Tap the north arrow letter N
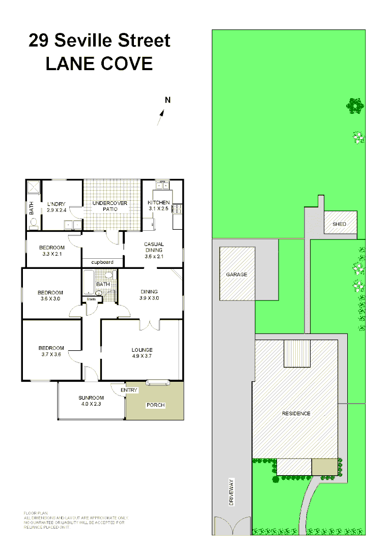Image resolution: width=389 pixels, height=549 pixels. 168,100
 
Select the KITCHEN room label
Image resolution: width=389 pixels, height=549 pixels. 159,202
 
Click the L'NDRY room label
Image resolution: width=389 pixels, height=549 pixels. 56,204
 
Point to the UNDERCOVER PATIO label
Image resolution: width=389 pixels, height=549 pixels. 109,206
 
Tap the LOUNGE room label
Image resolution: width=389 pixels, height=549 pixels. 142,350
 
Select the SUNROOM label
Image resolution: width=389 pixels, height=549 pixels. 91,398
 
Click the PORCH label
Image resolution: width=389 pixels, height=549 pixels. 155,405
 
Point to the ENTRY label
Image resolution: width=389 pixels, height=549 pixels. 129,390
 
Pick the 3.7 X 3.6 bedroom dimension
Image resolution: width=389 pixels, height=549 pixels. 50,354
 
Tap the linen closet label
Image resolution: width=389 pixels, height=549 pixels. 91,299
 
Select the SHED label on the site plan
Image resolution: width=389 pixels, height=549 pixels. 339,224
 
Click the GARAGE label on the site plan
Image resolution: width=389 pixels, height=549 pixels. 236,274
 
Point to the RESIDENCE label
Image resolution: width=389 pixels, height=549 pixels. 296,413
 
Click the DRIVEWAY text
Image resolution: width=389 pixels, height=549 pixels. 231,492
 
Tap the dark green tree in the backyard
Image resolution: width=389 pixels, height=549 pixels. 355,106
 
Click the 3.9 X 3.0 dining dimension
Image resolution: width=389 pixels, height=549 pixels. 150,298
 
